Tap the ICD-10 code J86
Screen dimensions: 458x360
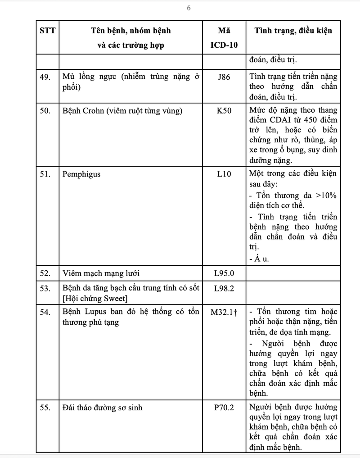(x=223, y=77)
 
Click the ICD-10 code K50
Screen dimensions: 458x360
(x=223, y=111)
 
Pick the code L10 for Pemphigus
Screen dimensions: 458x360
(x=223, y=174)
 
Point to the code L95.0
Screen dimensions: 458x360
(x=224, y=273)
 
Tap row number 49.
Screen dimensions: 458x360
(x=45, y=77)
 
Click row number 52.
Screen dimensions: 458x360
(x=45, y=273)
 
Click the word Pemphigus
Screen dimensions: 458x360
(x=81, y=174)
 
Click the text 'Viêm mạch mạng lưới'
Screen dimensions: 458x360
(x=98, y=273)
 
